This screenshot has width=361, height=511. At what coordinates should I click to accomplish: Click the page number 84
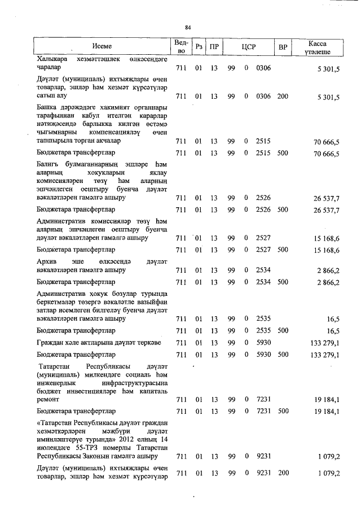pyautogui.click(x=188, y=27)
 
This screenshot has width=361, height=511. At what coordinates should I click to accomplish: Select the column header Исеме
pyautogui.click(x=103, y=46)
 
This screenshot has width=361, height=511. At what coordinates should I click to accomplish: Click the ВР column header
pyautogui.click(x=283, y=47)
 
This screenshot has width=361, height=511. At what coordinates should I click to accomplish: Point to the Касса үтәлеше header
pyautogui.click(x=318, y=47)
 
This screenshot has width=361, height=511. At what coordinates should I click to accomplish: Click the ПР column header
pyautogui.click(x=214, y=47)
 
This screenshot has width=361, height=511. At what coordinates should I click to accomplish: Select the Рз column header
pyautogui.click(x=198, y=47)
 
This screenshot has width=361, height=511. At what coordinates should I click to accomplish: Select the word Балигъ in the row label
pyautogui.click(x=48, y=164)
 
